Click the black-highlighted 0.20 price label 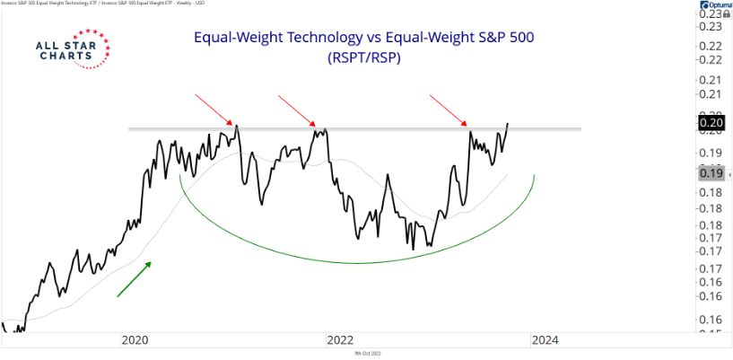point(711,123)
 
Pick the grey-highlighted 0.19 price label point(711,173)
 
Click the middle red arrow point(297,110)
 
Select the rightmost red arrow point(449,110)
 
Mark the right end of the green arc point(535,176)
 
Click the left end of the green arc point(180,176)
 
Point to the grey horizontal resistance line point(359,129)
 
